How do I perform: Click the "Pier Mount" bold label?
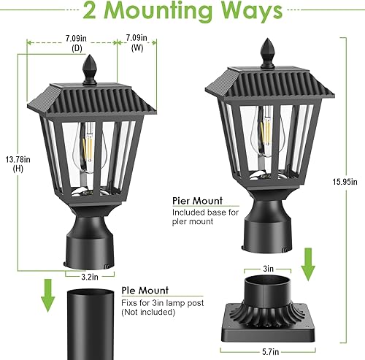coord(197,200)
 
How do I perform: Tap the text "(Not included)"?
coord(148,312)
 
